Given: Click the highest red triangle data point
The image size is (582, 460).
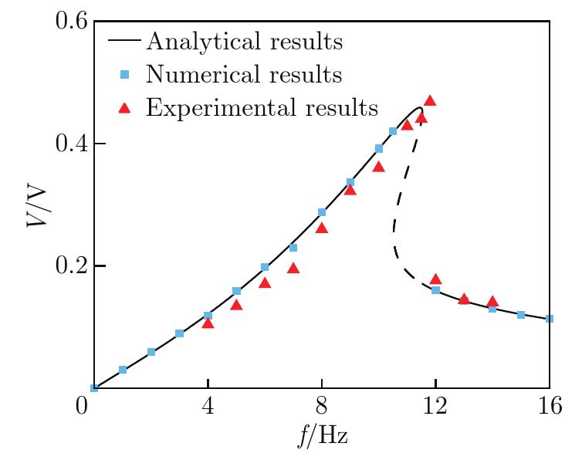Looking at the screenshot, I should (430, 100).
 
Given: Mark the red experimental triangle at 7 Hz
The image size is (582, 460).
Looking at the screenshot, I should (293, 268).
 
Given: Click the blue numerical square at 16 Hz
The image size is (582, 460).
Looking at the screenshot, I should (550, 319).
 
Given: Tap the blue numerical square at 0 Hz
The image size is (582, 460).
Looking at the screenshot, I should (94, 388).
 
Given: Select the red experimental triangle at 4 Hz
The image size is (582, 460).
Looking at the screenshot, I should (208, 323).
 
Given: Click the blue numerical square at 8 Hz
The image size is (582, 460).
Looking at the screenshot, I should (322, 212).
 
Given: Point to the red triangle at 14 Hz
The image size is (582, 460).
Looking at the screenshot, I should (492, 302).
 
